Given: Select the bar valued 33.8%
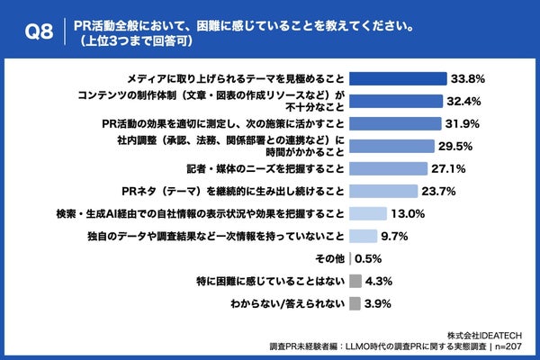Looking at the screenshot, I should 398,77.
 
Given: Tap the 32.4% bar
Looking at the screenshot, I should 395,100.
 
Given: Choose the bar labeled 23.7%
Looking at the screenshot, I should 382,191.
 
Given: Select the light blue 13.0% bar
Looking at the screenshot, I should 367,214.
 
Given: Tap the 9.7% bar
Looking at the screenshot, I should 363,237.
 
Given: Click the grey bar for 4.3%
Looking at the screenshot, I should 355,282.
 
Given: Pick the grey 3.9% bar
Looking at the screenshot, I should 355,304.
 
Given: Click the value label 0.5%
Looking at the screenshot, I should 367,259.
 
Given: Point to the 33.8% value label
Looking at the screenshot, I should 468,77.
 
